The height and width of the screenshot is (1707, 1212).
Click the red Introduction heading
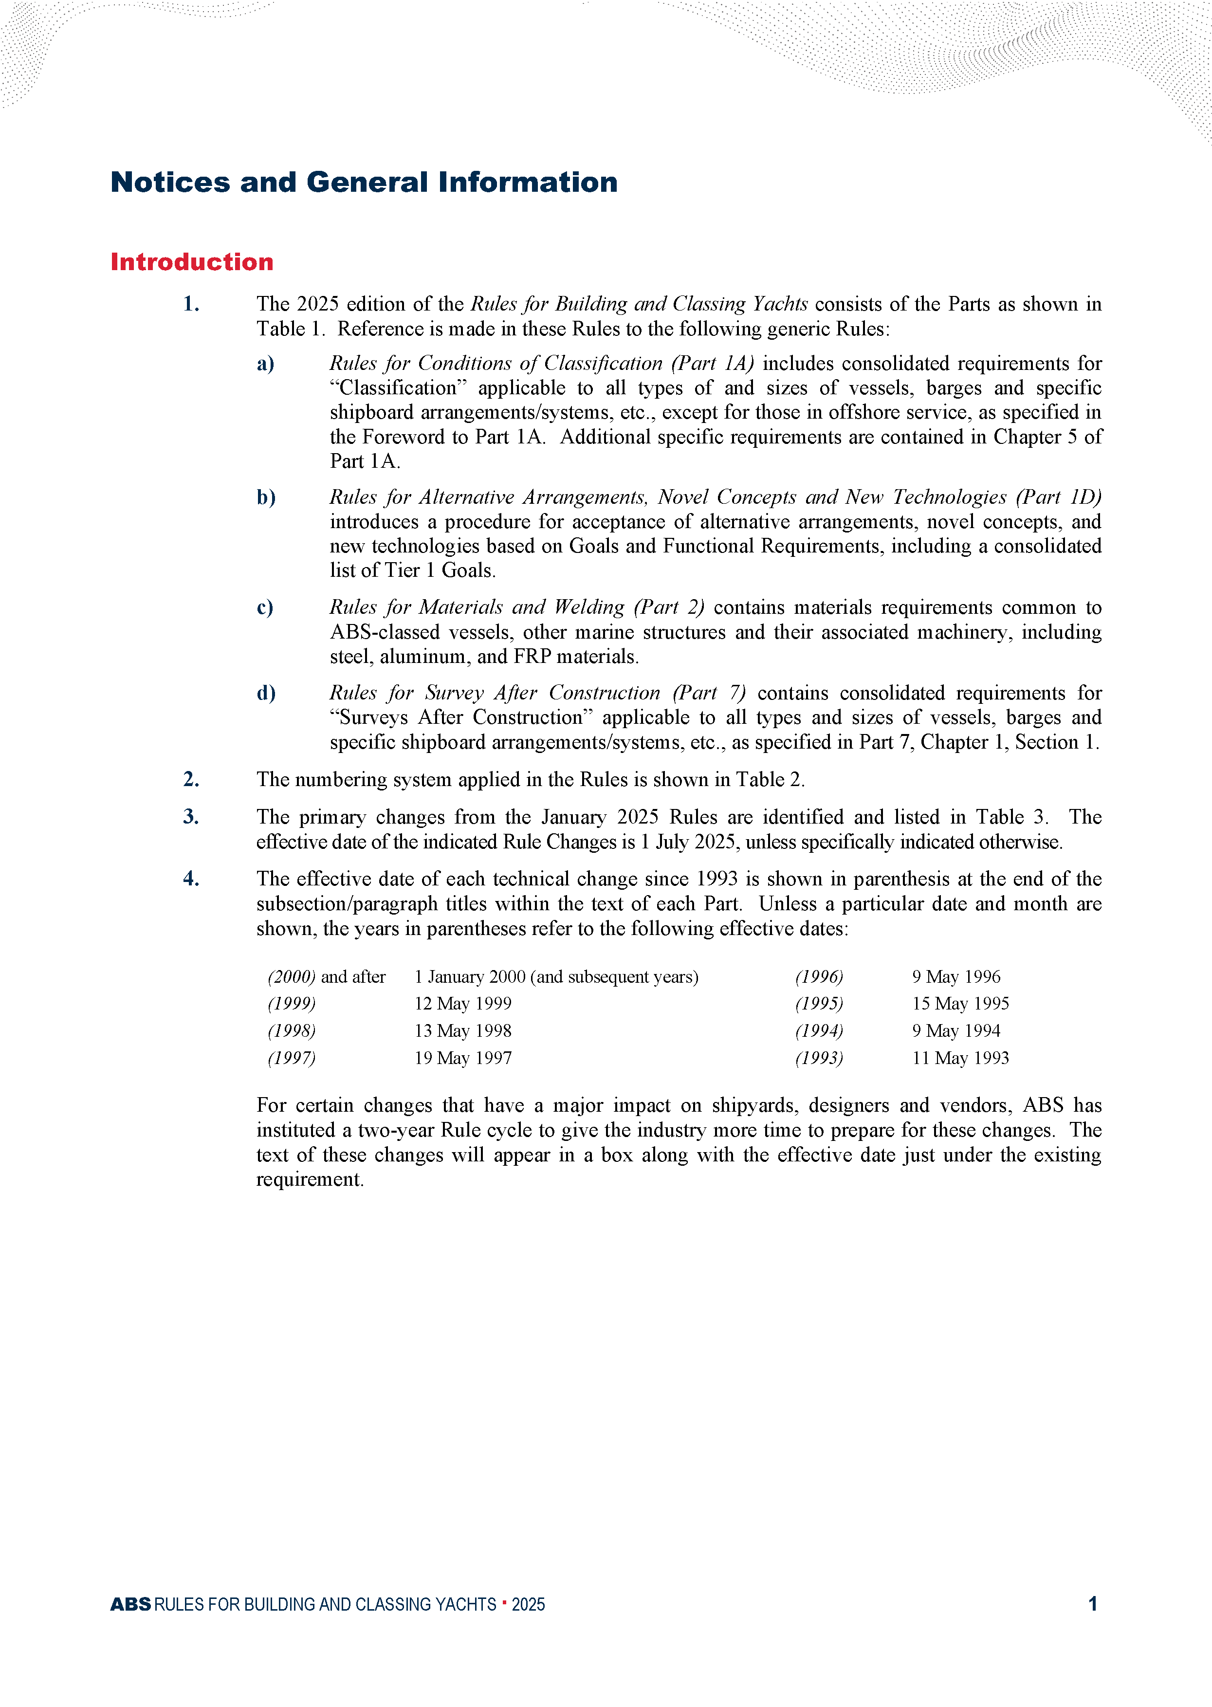(192, 262)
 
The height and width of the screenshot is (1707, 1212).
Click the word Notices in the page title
(170, 182)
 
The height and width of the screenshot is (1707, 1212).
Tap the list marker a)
(266, 363)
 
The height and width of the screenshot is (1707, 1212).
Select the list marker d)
(266, 693)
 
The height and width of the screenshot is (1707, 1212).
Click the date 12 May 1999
(463, 1004)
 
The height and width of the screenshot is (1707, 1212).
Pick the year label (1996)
(819, 976)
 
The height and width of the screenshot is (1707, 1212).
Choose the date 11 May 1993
(960, 1058)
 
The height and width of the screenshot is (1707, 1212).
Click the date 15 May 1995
(960, 1004)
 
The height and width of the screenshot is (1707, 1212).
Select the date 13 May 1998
(463, 1031)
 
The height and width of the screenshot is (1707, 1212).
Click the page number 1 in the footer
(1093, 1604)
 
